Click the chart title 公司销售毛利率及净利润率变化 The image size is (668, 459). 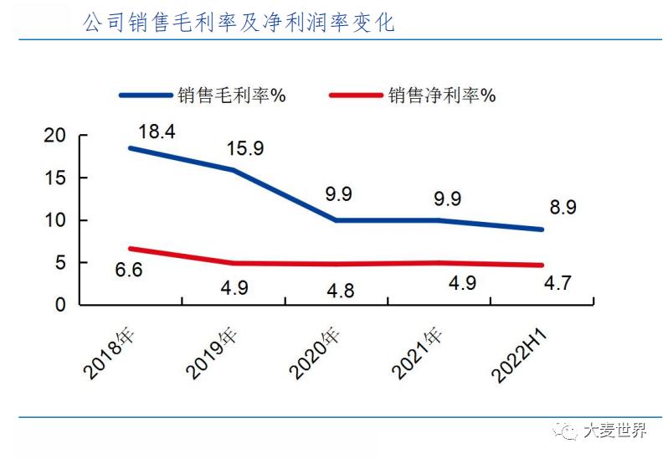239,23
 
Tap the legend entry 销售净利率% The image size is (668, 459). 441,95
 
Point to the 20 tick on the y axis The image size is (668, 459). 54,136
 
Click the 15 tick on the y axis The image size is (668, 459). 54,178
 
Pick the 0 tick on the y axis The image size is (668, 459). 60,305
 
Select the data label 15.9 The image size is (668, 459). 245,148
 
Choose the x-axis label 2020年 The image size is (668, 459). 316,353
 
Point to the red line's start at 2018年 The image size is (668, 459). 131,249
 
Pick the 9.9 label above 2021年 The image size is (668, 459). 440,199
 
